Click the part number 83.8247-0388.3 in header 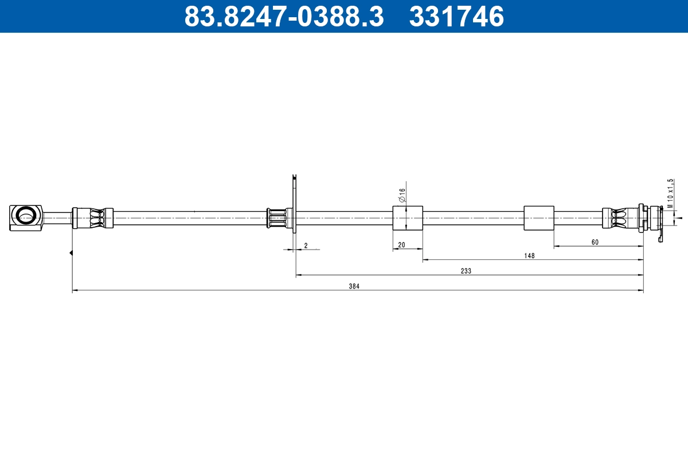(x=284, y=17)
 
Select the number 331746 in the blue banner (x=456, y=17)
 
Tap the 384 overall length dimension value (x=354, y=286)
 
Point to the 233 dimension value (x=466, y=271)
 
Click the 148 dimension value (x=529, y=256)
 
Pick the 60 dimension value (x=595, y=242)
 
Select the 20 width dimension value (x=401, y=245)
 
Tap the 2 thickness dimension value (x=306, y=246)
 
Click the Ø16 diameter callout (x=402, y=195)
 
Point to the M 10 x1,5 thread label (x=670, y=193)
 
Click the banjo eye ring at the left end (x=26, y=216)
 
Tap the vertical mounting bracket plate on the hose (x=294, y=204)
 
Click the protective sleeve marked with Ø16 (x=408, y=218)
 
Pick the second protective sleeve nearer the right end (x=539, y=218)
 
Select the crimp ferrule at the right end (x=620, y=218)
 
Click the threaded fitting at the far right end (x=651, y=219)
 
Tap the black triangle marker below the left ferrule (x=71, y=252)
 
